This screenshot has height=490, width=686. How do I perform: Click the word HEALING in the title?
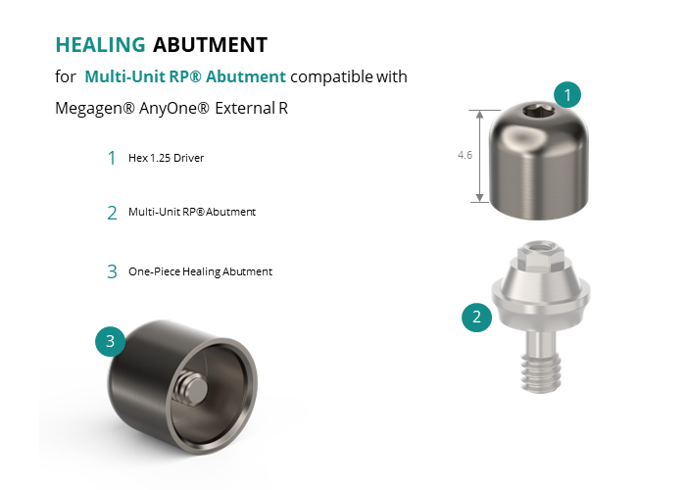[100, 45]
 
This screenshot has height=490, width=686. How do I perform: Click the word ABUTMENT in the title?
[210, 45]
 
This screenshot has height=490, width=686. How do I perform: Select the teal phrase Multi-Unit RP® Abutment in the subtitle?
[185, 76]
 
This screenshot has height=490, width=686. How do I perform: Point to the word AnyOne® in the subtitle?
[174, 108]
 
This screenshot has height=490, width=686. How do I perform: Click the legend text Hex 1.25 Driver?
[167, 158]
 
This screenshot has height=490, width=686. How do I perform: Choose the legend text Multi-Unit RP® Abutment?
[192, 212]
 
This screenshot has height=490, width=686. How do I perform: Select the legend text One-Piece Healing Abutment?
[200, 271]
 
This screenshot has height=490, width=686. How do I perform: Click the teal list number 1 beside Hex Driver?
[112, 158]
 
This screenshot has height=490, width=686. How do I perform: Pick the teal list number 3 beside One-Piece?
[112, 271]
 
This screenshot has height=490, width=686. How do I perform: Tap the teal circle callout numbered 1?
[567, 94]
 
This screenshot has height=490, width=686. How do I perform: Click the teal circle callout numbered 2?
[477, 317]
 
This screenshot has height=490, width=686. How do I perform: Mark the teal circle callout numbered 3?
[110, 341]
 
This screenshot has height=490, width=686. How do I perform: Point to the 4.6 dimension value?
[465, 155]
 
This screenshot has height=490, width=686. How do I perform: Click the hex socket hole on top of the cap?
[539, 112]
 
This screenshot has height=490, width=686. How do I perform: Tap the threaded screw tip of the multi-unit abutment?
[541, 372]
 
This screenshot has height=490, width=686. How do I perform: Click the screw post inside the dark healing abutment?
[192, 388]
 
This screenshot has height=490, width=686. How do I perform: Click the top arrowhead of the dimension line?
[480, 115]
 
